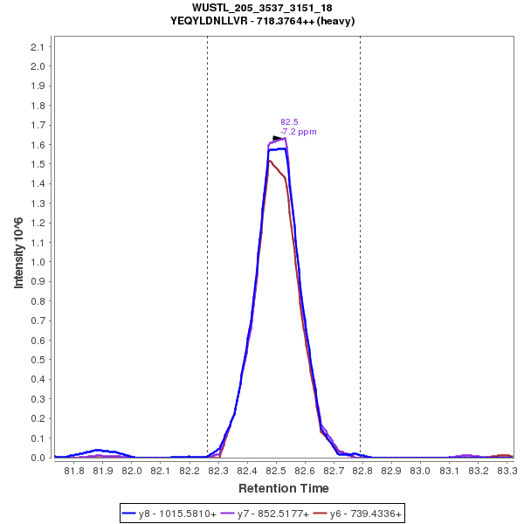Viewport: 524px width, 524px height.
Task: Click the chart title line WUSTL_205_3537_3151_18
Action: [x=261, y=8]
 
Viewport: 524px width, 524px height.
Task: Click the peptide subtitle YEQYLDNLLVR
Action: [x=261, y=20]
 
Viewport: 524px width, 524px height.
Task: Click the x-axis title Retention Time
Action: [x=284, y=487]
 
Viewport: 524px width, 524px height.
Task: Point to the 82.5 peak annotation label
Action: [x=289, y=121]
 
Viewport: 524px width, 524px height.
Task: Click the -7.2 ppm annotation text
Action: [x=298, y=132]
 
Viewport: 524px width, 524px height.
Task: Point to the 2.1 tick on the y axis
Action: [x=39, y=46]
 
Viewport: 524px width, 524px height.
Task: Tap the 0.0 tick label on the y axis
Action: [x=39, y=458]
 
